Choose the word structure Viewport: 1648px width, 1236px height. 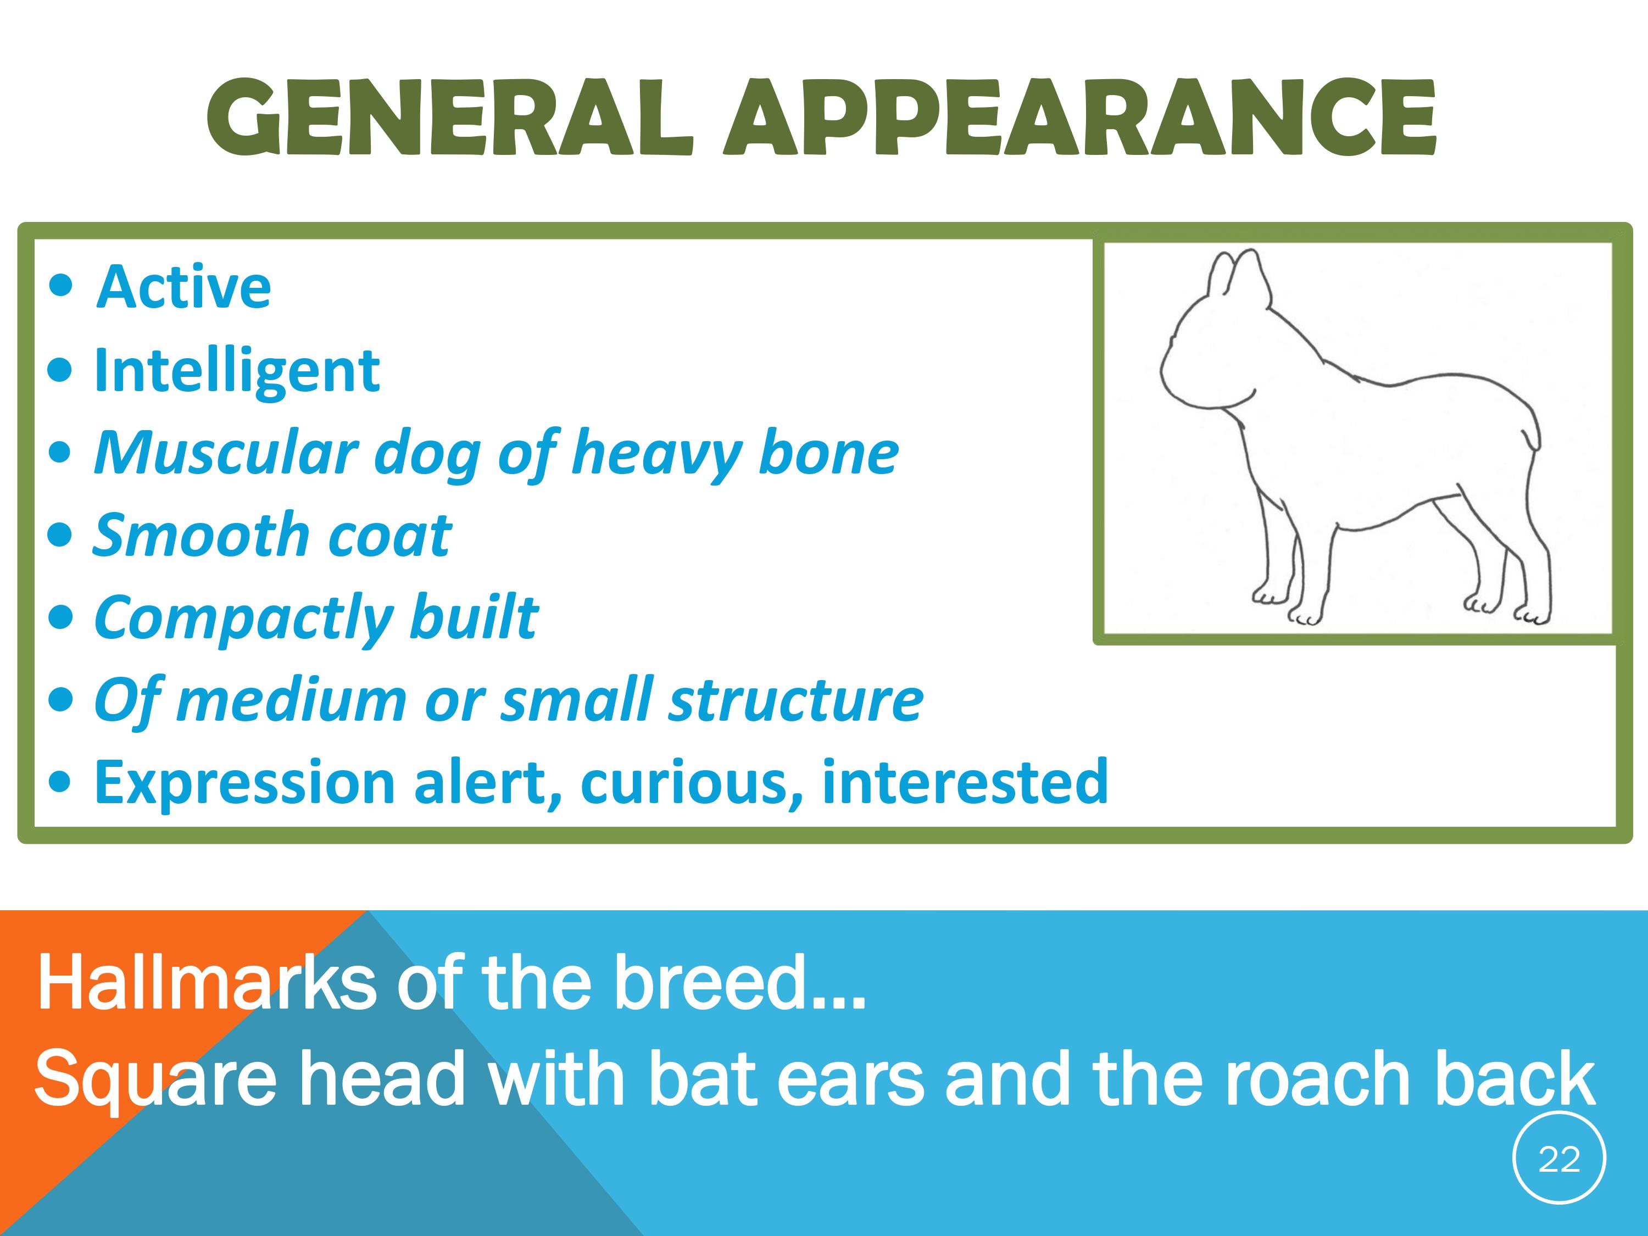point(795,700)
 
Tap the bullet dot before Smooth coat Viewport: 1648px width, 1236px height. point(60,535)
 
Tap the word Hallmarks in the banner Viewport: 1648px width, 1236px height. point(207,983)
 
